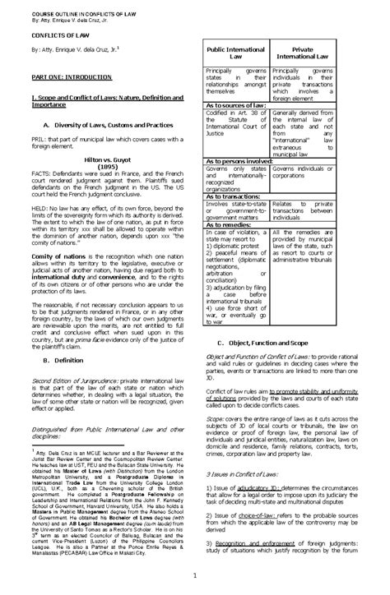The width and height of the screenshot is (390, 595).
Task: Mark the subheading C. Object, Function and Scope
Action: pyautogui.click(x=272, y=343)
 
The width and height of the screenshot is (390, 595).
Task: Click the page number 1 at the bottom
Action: pyautogui.click(x=194, y=574)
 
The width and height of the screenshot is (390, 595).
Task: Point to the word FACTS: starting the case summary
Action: pyautogui.click(x=41, y=176)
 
